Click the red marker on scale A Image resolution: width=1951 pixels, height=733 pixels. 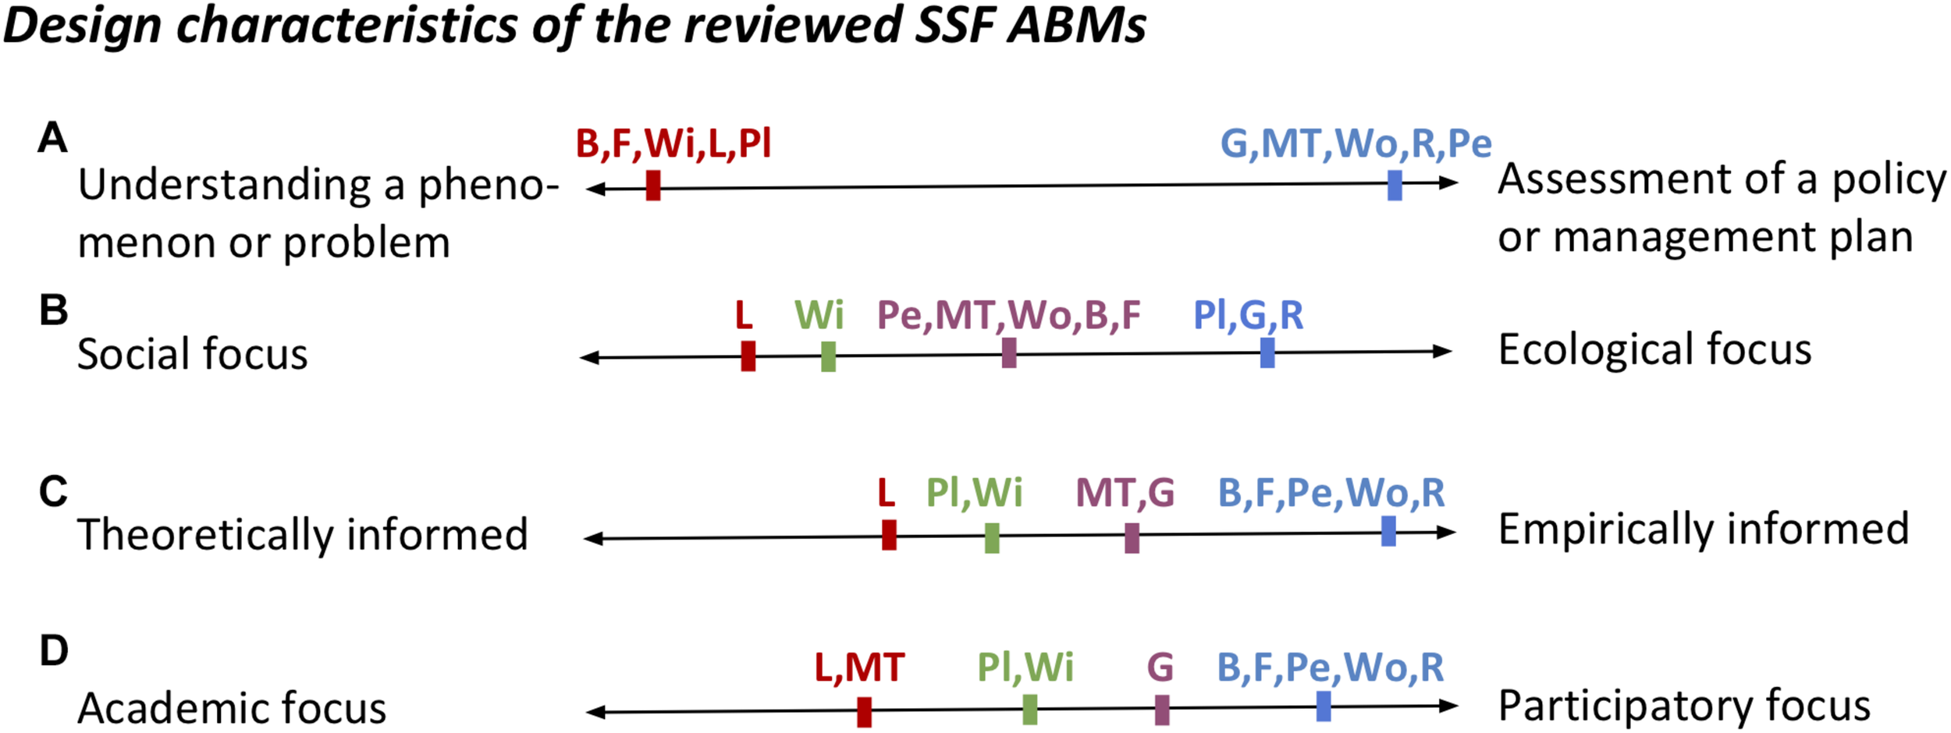click(653, 186)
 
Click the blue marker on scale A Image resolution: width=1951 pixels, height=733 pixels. click(1395, 185)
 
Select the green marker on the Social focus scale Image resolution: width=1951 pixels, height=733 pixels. click(828, 356)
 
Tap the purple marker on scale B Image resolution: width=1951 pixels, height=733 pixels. click(1009, 353)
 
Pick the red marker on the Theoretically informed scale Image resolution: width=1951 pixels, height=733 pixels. click(889, 535)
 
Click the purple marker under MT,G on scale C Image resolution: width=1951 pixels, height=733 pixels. click(1132, 538)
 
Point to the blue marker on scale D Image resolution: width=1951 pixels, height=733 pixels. click(1324, 706)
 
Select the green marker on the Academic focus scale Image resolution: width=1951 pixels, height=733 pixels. click(1030, 710)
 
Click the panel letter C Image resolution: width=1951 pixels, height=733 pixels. click(53, 492)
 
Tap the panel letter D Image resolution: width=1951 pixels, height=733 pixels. click(53, 650)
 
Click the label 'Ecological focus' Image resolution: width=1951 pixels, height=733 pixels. click(1654, 349)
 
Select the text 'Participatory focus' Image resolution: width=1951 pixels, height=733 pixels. click(1683, 706)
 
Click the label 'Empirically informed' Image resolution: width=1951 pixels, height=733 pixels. click(1703, 529)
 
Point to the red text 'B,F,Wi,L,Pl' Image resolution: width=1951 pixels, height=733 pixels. click(673, 144)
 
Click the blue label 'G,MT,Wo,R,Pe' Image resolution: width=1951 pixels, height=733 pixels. click(1356, 144)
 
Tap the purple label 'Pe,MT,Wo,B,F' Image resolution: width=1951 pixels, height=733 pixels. click(1008, 316)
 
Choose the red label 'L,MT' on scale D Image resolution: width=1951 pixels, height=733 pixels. click(858, 668)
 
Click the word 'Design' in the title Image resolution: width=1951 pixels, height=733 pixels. click(82, 25)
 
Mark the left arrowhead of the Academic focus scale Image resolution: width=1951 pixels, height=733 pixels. click(595, 711)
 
